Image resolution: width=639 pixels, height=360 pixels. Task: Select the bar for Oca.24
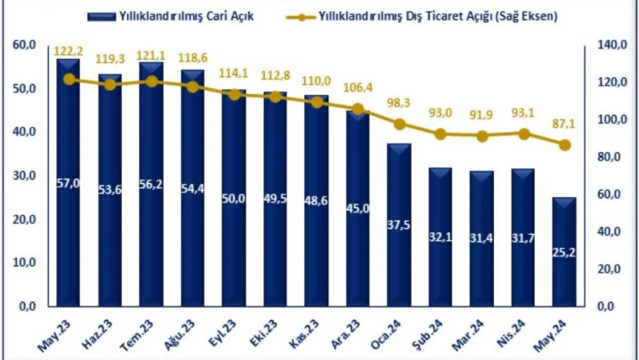[x=399, y=224]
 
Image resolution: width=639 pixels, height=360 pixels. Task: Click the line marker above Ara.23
[x=358, y=110]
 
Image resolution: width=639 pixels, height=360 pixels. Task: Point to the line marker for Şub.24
[x=440, y=134]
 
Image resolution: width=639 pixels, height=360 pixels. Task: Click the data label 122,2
[x=68, y=52]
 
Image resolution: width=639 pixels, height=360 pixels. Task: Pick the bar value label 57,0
[x=68, y=183]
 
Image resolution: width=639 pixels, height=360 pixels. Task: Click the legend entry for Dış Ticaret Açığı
[x=431, y=15]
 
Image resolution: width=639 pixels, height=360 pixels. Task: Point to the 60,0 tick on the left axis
[x=23, y=45]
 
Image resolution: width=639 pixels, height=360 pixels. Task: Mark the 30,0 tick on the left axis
[x=23, y=175]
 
